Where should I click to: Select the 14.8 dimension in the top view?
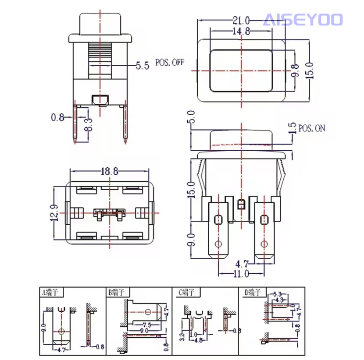240,32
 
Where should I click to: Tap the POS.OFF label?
169,63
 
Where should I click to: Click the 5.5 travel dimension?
143,66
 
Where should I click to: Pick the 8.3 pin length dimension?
88,126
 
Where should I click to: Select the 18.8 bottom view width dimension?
109,172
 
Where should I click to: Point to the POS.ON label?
312,128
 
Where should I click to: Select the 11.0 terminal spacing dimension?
240,274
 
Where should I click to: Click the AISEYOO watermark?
303,20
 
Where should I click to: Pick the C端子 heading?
187,291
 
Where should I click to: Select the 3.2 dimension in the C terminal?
182,338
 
